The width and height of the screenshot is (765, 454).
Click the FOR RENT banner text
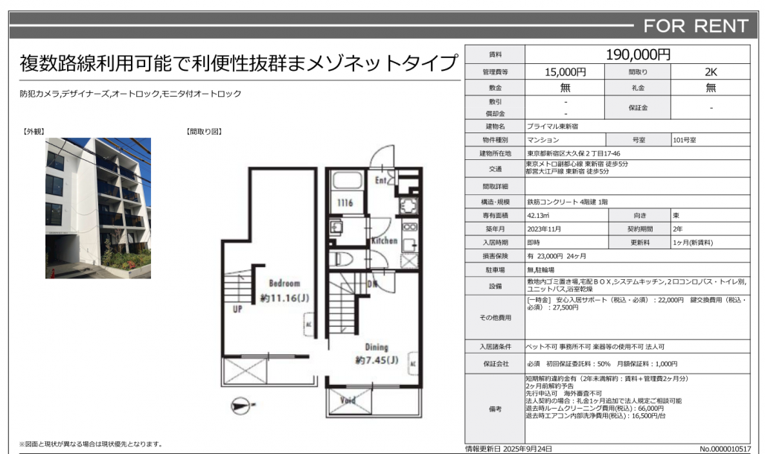click(x=696, y=26)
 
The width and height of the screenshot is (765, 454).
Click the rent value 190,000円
click(x=638, y=54)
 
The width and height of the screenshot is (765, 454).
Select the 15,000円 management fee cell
click(x=565, y=72)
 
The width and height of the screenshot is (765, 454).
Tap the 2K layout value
click(x=711, y=72)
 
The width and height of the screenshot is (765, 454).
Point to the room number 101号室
click(x=685, y=140)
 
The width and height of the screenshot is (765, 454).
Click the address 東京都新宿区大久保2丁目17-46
click(x=574, y=153)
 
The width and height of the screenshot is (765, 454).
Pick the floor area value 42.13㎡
click(x=538, y=215)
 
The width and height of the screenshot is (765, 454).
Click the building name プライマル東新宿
click(x=552, y=127)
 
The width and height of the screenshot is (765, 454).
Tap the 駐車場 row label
click(x=495, y=270)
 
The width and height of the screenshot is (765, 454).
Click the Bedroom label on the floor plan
click(x=284, y=283)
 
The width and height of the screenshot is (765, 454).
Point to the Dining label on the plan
click(x=377, y=347)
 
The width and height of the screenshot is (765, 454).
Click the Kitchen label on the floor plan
click(x=385, y=240)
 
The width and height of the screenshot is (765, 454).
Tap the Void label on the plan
click(x=348, y=400)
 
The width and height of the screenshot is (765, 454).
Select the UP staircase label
click(x=237, y=309)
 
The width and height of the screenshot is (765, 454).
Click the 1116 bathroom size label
click(x=345, y=202)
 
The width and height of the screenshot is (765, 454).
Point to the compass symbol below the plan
click(x=243, y=405)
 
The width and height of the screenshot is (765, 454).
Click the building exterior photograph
click(x=98, y=208)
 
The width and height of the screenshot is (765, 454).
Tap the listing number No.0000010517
click(x=725, y=449)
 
